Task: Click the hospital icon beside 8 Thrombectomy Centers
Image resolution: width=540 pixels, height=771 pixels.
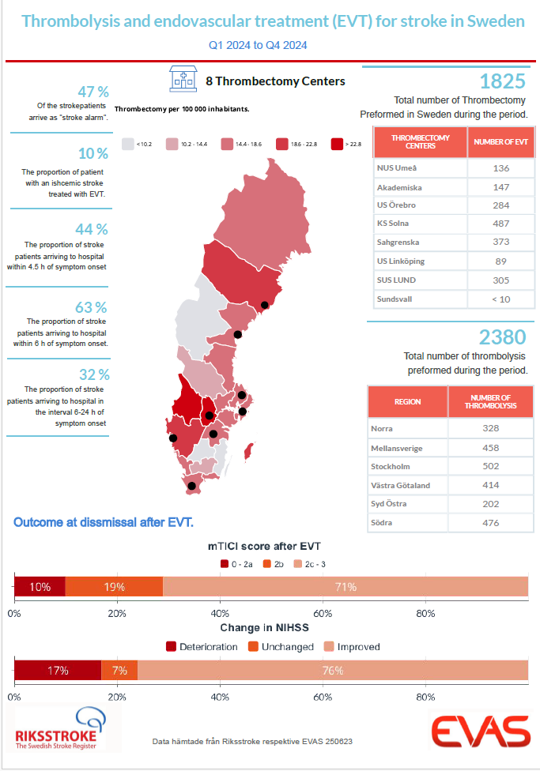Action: pos(183,80)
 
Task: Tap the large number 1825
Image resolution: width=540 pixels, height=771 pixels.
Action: pos(503,81)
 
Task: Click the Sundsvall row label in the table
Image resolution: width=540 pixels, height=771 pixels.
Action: pos(394,299)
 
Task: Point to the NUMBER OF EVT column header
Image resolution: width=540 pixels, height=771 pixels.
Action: pos(499,141)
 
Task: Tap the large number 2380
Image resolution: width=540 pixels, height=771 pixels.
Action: pos(503,337)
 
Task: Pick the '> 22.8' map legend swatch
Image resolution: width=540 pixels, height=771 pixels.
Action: pos(337,144)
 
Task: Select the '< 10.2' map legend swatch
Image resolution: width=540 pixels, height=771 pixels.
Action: pos(128,144)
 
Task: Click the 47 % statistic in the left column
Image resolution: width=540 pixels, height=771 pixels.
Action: pos(93,92)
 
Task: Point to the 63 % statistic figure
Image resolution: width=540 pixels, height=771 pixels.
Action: pos(93,307)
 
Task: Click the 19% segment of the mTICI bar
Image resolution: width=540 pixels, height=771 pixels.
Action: pos(114,587)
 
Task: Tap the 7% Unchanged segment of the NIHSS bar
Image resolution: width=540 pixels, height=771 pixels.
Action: pos(119,671)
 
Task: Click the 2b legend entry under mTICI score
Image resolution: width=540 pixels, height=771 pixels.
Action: pos(272,564)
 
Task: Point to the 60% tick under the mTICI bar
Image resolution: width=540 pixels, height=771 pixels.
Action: pos(323,613)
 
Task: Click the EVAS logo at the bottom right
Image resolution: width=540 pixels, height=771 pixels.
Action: pos(480,731)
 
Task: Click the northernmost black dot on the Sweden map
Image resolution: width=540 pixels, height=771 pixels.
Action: pos(266,305)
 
